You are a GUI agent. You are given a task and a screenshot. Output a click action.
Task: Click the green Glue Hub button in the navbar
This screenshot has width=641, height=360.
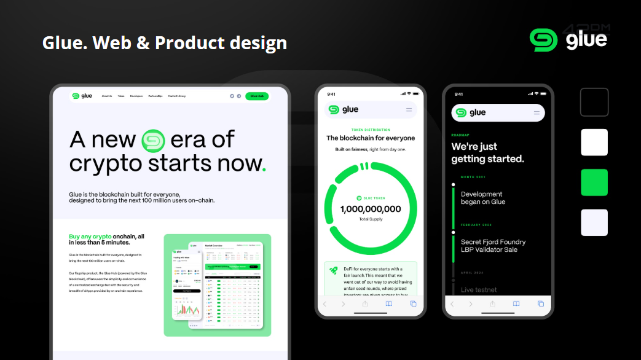(x=256, y=96)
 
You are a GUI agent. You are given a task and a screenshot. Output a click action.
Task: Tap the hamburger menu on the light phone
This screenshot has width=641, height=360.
(x=409, y=110)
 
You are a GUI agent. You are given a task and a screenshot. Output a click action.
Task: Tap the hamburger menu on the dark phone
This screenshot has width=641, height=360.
(x=537, y=112)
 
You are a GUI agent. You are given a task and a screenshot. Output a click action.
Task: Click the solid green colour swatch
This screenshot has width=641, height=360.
(x=594, y=182)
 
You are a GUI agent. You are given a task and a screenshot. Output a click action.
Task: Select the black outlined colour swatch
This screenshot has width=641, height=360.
(x=594, y=102)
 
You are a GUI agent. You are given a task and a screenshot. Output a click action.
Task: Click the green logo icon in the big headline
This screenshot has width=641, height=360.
(x=154, y=140)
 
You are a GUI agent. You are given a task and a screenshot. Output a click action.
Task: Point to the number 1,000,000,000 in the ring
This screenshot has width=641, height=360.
(x=371, y=209)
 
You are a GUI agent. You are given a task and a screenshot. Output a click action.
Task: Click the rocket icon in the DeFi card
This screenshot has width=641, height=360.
(x=333, y=270)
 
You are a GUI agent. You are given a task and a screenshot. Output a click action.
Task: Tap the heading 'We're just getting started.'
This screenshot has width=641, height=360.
(x=487, y=152)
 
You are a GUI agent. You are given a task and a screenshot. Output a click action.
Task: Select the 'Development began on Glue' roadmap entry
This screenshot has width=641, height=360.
(x=483, y=198)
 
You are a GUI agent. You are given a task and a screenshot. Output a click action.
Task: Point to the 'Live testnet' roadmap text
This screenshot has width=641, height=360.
(x=479, y=289)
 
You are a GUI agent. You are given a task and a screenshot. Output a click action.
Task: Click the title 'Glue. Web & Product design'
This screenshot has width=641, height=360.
(x=165, y=43)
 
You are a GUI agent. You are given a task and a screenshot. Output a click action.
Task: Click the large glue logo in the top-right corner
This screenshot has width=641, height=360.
(x=568, y=39)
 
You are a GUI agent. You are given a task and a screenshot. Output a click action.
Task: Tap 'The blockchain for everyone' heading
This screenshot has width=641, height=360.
(x=371, y=138)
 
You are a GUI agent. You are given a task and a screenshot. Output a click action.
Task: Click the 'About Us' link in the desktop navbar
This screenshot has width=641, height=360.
(x=107, y=96)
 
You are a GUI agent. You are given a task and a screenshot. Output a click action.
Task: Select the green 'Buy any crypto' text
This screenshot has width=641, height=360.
(x=90, y=236)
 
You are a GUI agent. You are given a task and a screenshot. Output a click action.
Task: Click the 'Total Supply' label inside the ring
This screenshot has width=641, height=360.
(x=371, y=219)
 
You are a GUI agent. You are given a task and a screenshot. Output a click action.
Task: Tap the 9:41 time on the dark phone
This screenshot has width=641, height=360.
(x=458, y=94)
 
